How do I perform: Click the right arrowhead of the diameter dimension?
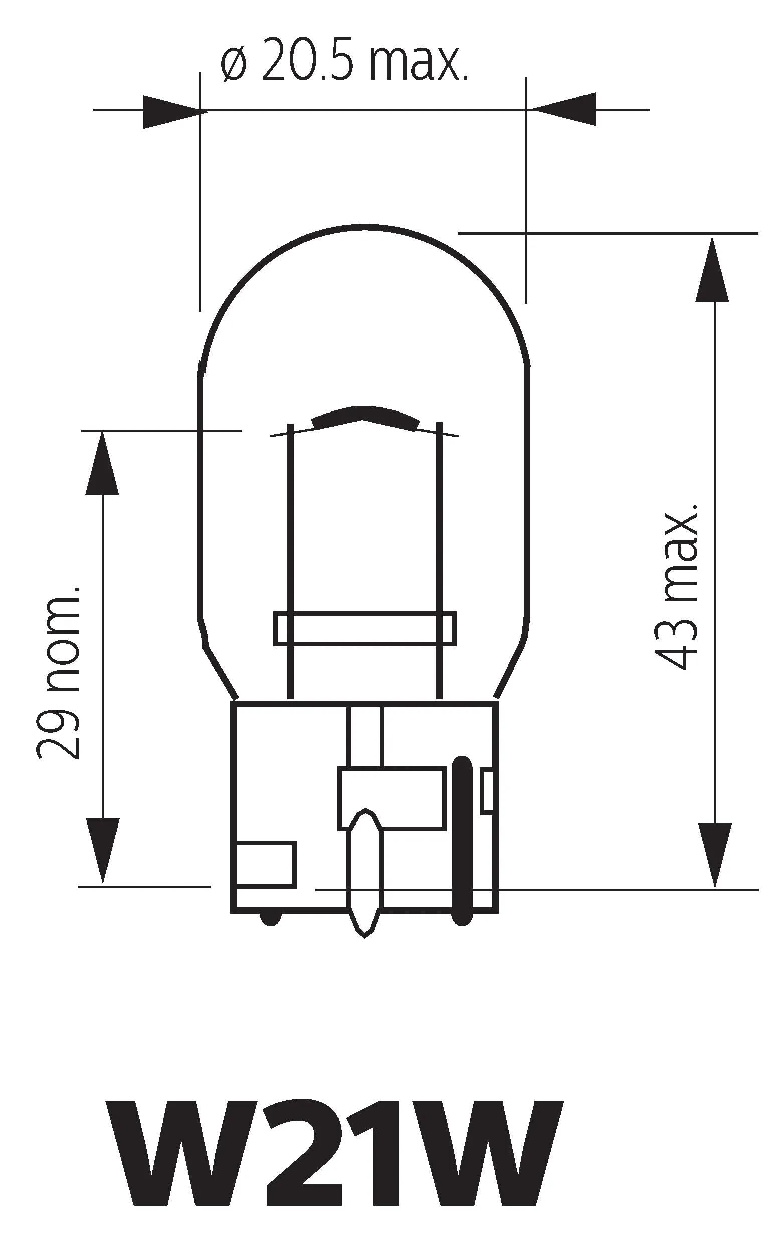(x=565, y=109)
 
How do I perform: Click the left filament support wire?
(x=290, y=539)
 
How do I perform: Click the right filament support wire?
(x=439, y=539)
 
